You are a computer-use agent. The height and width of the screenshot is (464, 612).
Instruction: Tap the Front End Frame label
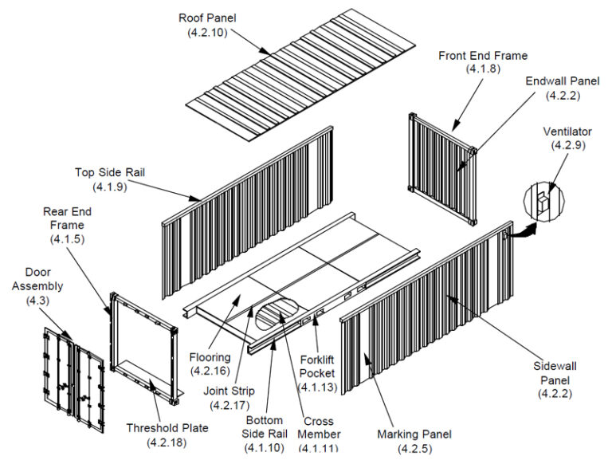point(483,55)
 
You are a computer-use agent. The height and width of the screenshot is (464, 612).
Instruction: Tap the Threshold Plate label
point(167,428)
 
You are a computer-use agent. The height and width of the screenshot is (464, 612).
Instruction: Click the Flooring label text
point(210,357)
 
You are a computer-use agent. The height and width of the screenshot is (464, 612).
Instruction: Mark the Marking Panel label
point(414,435)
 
